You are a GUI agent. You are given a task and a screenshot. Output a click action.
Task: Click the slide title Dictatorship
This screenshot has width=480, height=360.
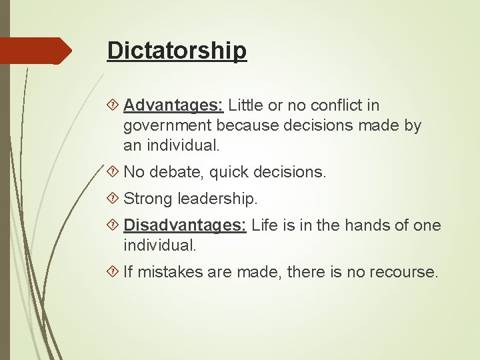pos(177,51)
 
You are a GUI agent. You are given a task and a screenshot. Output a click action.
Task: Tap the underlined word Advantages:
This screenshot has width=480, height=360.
pos(173,105)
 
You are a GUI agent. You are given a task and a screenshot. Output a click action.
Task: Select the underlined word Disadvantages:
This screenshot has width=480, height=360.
pos(185,225)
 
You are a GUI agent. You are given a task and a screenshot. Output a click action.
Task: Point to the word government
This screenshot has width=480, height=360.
pos(167,125)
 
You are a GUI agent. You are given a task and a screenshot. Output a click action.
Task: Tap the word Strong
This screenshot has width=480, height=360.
pos(148,199)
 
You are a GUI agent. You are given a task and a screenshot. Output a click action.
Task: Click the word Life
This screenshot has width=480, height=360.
pos(265,225)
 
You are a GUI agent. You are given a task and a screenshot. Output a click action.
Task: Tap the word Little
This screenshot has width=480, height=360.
pos(247,105)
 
